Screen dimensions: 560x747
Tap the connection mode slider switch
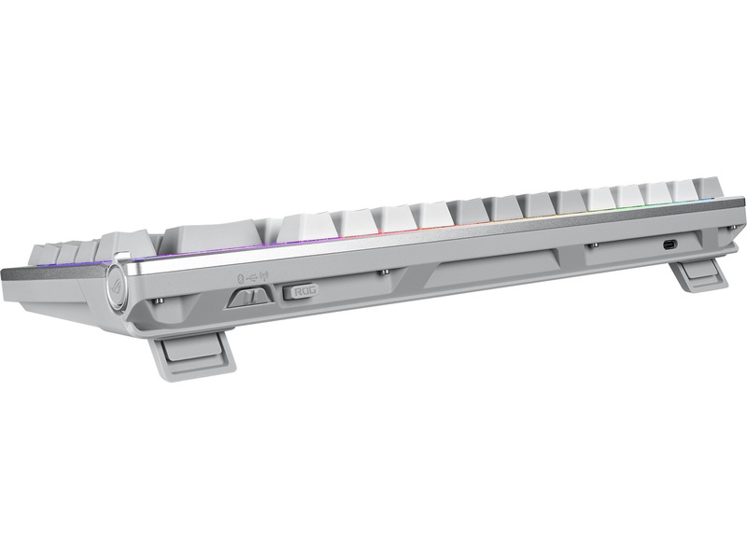(x=247, y=297)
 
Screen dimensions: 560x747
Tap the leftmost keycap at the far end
(x=43, y=253)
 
